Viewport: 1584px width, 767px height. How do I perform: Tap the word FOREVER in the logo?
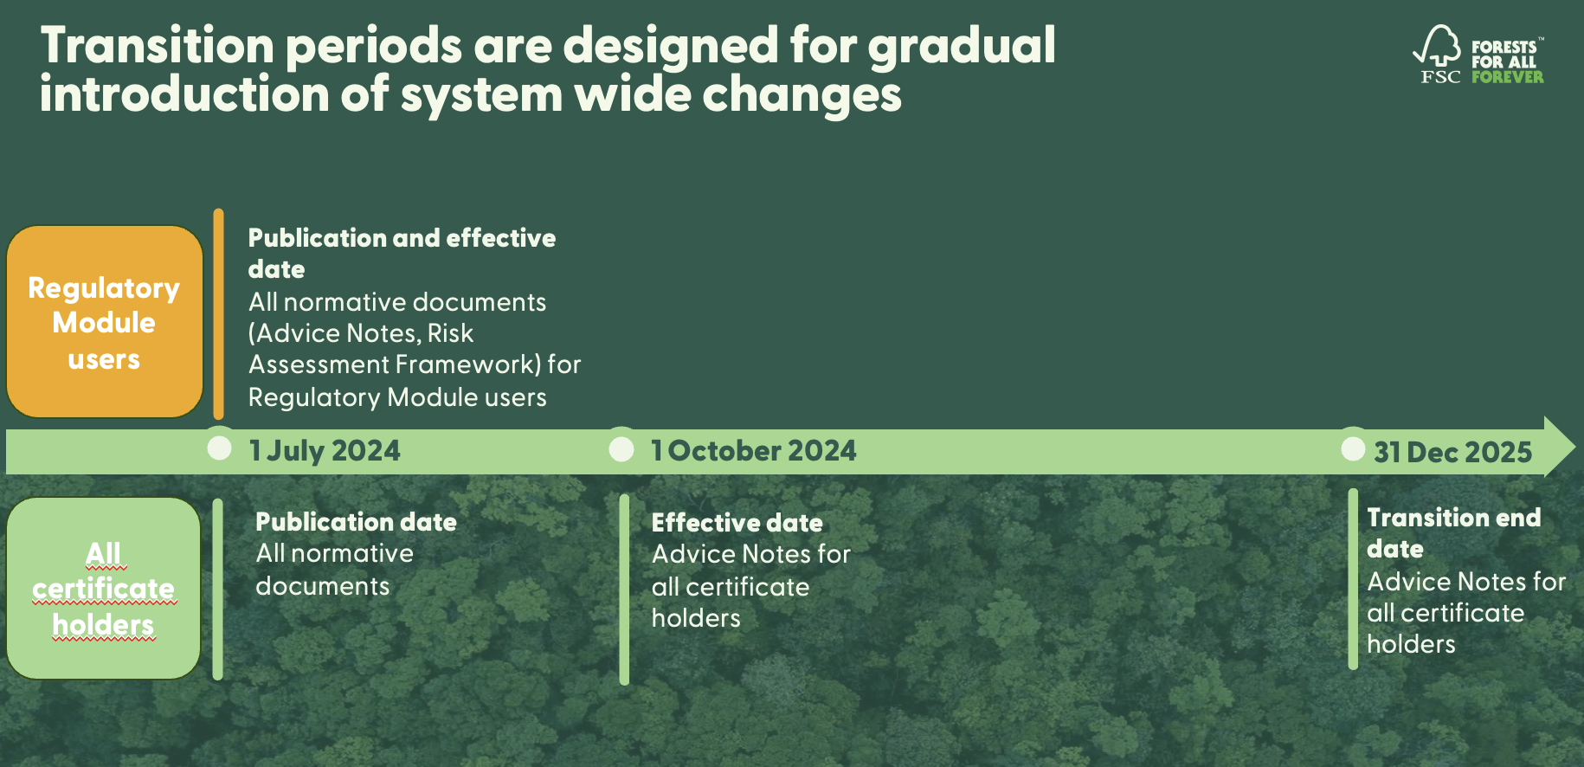click(x=1507, y=77)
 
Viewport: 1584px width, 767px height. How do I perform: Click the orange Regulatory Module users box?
click(x=105, y=322)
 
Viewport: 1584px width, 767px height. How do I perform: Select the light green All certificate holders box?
click(x=104, y=589)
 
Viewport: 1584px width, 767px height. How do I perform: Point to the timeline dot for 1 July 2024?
click(x=220, y=448)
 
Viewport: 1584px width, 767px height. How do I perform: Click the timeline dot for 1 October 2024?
click(x=621, y=449)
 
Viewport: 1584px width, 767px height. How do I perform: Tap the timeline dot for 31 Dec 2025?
click(x=1353, y=448)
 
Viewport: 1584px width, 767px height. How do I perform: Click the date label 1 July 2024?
click(x=325, y=451)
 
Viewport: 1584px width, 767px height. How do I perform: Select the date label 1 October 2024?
click(x=753, y=451)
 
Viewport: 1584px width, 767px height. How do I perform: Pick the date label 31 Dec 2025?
click(x=1452, y=452)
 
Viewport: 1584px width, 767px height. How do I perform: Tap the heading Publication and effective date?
click(x=402, y=253)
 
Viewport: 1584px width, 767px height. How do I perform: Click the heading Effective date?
click(x=737, y=523)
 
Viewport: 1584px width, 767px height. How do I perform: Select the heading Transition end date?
click(x=1453, y=532)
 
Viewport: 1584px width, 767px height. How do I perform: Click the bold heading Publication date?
click(x=356, y=522)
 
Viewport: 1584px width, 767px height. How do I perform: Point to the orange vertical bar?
click(x=218, y=313)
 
